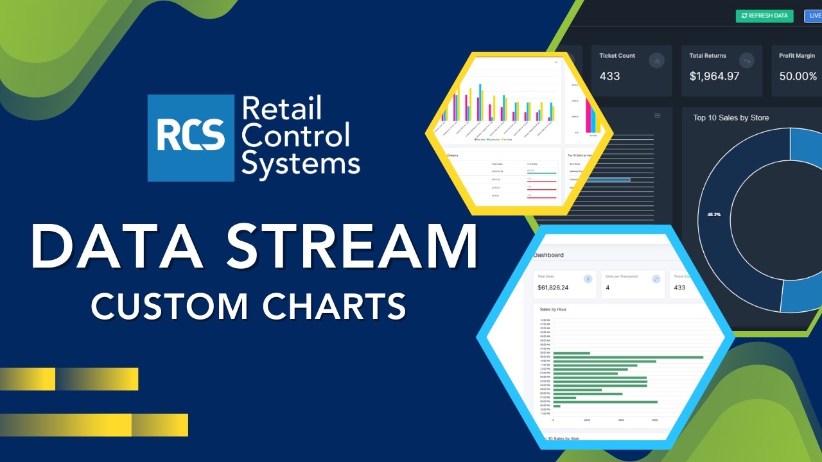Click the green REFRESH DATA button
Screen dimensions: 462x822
764,16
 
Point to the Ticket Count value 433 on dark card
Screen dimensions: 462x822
609,76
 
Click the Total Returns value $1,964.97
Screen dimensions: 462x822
714,76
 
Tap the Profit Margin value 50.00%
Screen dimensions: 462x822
798,76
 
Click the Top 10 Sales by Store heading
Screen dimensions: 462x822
731,118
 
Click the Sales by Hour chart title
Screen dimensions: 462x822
553,309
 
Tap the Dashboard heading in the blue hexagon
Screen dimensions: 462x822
548,255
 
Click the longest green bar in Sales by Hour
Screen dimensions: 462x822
628,357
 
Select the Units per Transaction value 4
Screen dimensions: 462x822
608,287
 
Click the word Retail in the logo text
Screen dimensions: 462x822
281,108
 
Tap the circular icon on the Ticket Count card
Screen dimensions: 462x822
656,60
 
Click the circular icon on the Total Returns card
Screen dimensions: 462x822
746,60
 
